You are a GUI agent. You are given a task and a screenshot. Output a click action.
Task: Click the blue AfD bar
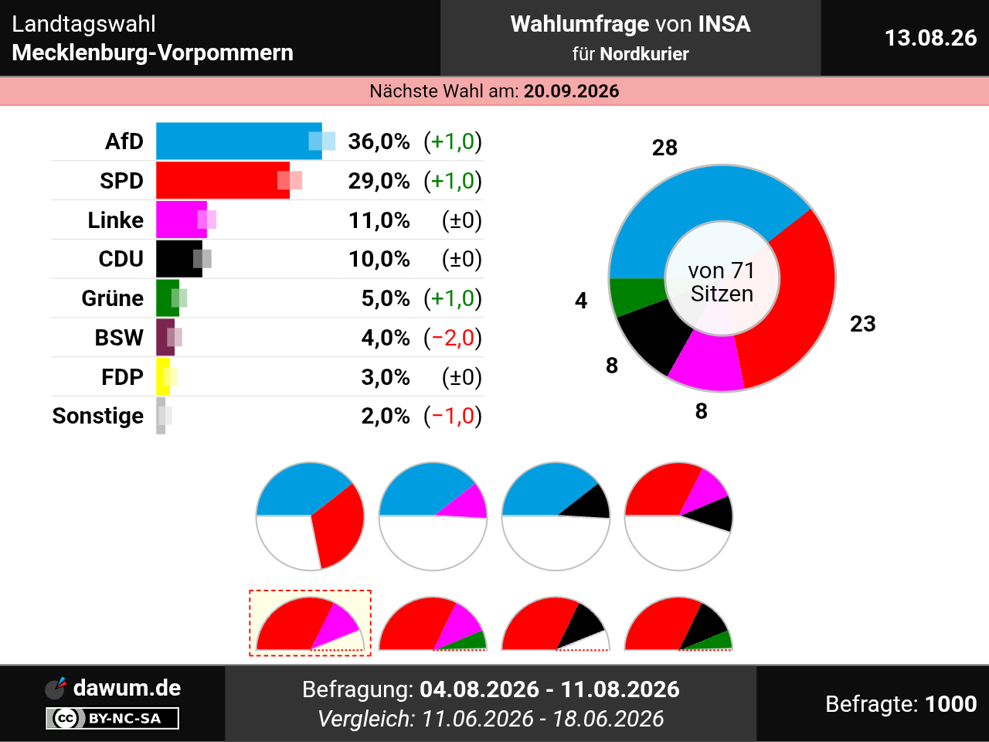coord(239,141)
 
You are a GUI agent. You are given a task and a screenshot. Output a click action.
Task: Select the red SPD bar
coord(223,180)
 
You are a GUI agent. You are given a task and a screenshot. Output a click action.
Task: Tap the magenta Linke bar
coord(182,220)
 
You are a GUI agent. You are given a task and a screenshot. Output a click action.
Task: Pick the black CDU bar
coord(179,259)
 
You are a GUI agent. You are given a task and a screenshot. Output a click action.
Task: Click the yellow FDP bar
coord(163,376)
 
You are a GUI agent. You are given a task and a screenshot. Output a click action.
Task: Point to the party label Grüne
coord(112,298)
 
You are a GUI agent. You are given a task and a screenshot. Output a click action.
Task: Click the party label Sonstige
coord(98,416)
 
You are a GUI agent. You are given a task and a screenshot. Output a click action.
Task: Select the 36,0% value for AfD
coord(379,141)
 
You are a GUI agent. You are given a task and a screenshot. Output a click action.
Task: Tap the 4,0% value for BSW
coord(386,338)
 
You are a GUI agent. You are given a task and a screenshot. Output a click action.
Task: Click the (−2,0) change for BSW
coord(453,338)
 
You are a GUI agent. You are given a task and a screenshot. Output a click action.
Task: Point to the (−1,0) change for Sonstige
coord(453,416)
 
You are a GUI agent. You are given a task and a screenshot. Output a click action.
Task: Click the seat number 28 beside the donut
coord(664,148)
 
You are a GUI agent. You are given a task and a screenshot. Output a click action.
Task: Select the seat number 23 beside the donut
coord(863,324)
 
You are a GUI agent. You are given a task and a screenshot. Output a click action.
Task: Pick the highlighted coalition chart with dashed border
coord(310,623)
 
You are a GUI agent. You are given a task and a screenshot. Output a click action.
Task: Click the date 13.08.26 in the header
coord(931,38)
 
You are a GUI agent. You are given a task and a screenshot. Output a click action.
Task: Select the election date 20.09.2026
coord(571,91)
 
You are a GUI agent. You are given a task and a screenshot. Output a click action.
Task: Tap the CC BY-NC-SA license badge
coord(112,718)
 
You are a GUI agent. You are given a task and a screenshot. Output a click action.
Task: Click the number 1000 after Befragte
coord(950,703)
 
